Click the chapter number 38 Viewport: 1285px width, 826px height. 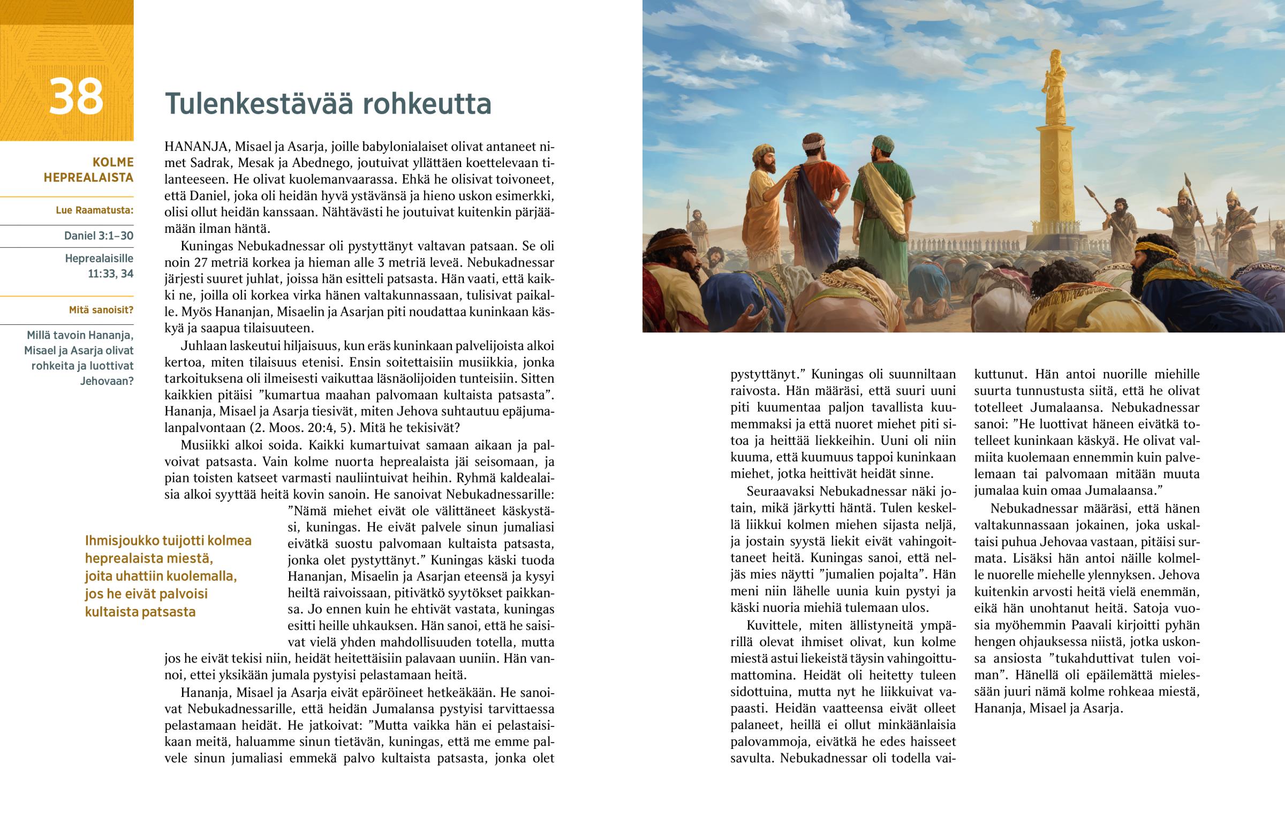pos(75,96)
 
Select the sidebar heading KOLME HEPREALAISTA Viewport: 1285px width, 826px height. pos(88,170)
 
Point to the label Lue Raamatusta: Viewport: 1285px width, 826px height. pos(94,210)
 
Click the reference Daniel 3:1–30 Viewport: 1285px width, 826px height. pos(99,236)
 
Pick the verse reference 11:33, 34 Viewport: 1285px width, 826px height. pos(110,274)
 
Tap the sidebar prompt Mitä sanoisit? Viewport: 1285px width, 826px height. pos(101,310)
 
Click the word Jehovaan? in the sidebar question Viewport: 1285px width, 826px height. pos(107,381)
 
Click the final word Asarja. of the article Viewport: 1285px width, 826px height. pos(1102,708)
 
